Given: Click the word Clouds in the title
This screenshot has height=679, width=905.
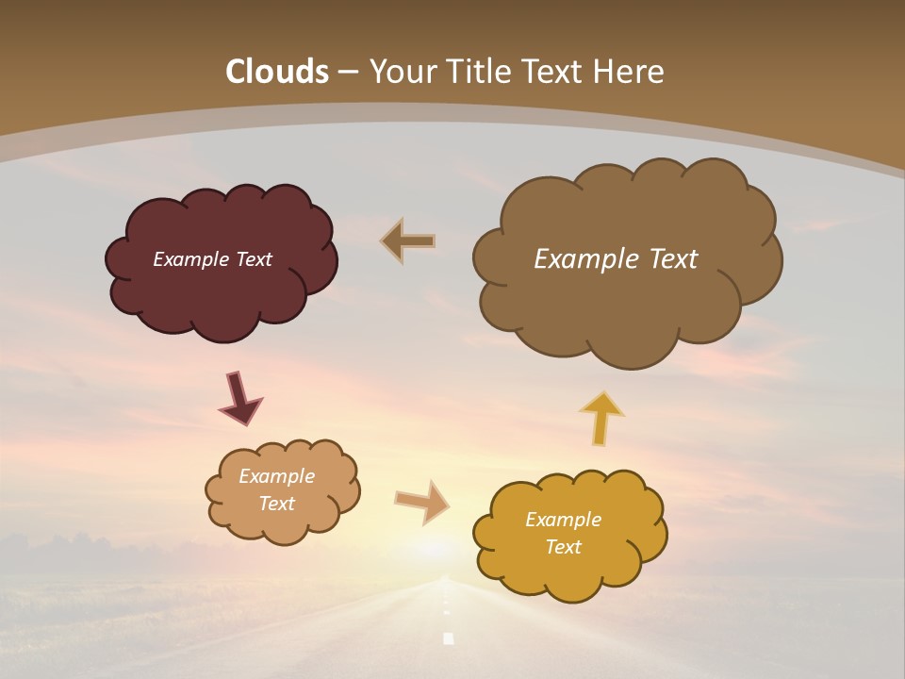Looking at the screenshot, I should (x=277, y=72).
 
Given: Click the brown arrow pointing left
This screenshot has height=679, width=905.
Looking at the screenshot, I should (x=408, y=240).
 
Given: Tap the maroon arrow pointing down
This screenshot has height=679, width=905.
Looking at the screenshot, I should (x=239, y=398).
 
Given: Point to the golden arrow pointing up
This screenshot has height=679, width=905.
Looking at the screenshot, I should (x=601, y=418).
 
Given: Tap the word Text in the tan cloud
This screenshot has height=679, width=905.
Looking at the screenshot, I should (x=276, y=504).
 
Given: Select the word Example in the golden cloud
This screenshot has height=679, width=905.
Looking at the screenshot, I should (x=563, y=520).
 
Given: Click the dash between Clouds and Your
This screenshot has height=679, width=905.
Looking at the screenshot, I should (x=348, y=73).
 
